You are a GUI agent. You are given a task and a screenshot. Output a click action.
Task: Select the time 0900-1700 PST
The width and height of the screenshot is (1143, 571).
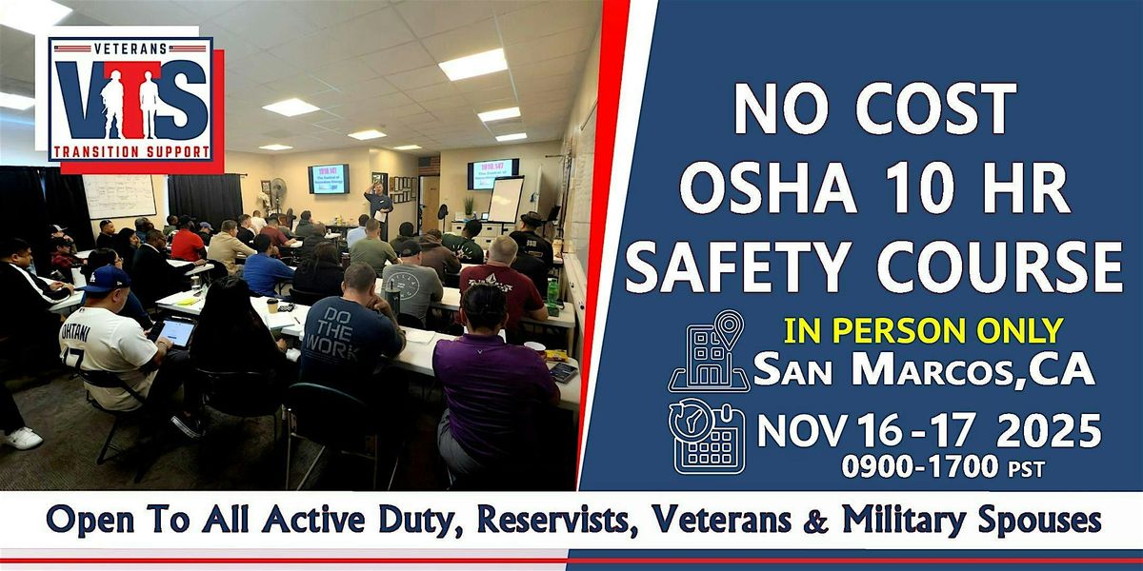click(x=942, y=468)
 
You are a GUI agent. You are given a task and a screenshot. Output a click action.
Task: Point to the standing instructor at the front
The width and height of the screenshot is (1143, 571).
click(x=378, y=209)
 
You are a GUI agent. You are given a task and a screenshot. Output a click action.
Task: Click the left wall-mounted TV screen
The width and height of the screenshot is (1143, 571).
click(x=328, y=178)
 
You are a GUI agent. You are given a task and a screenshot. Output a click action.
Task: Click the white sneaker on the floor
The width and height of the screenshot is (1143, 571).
click(x=23, y=438)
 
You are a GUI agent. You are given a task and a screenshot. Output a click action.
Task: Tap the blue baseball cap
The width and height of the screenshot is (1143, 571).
click(x=104, y=279)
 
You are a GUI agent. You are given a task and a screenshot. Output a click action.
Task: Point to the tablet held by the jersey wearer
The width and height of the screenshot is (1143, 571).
click(x=175, y=332)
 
